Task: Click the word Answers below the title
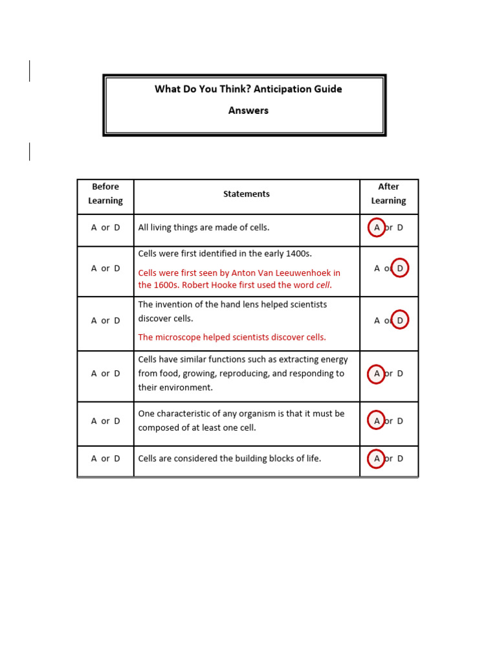(x=248, y=110)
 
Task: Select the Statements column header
(x=247, y=194)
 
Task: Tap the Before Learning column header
(x=105, y=194)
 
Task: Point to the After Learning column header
(x=388, y=194)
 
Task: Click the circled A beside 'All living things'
(x=377, y=228)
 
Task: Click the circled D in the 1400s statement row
(x=400, y=268)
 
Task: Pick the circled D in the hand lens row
(x=400, y=320)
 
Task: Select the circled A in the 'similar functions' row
(x=377, y=374)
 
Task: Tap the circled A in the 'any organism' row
(x=377, y=421)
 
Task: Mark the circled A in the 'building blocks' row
(x=377, y=458)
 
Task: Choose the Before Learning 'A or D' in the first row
(x=105, y=228)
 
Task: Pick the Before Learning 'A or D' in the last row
(x=105, y=458)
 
